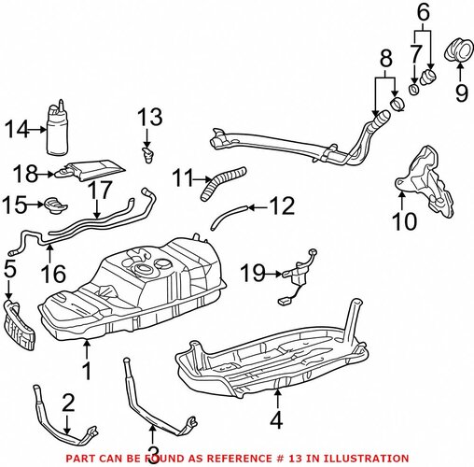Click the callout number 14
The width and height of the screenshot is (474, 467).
coord(18,129)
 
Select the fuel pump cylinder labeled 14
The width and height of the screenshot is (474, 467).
coord(57,128)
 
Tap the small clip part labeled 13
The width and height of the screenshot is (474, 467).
coord(147,155)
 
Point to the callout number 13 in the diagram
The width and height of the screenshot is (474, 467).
coord(150,117)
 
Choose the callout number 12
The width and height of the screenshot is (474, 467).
coord(283,205)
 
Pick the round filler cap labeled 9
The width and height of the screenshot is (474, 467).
coord(459,50)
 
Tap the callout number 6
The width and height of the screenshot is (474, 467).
coord(424,13)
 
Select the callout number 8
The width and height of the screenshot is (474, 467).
coord(385,58)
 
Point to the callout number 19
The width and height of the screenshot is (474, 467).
coord(253,273)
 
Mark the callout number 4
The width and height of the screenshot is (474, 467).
coord(276,419)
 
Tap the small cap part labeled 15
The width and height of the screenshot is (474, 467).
coord(55,205)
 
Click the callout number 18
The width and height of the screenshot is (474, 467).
coord(25,174)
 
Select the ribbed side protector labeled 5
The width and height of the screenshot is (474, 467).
coord(20,324)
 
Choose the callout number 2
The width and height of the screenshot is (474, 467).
coord(68,403)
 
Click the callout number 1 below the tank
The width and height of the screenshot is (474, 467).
coord(88,371)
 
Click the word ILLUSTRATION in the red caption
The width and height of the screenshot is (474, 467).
coord(366,459)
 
